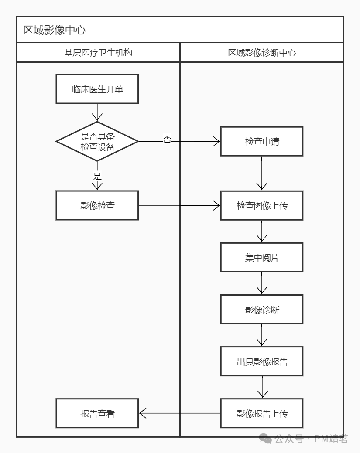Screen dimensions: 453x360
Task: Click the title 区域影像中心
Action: (x=54, y=30)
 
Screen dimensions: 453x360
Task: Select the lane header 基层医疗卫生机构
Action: (x=98, y=53)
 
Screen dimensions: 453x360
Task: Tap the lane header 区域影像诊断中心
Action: (x=262, y=53)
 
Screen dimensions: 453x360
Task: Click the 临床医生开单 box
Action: (x=97, y=89)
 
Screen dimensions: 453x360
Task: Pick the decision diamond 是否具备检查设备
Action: (x=97, y=141)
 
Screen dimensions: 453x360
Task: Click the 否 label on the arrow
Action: (x=167, y=140)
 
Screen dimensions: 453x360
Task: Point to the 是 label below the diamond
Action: (x=97, y=176)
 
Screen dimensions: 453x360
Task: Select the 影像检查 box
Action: (x=97, y=205)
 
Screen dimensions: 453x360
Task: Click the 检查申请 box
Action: (x=262, y=141)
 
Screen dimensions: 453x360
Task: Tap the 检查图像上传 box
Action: (x=262, y=205)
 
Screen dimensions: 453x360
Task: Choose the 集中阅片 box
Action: (x=262, y=257)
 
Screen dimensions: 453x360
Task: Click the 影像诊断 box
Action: (x=262, y=310)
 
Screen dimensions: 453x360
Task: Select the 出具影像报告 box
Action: (x=262, y=361)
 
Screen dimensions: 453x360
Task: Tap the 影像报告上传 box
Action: (x=262, y=413)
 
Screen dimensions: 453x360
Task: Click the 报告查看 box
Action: (x=97, y=413)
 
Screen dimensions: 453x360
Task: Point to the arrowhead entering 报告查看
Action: (x=143, y=413)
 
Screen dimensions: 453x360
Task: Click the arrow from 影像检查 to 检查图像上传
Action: (x=179, y=205)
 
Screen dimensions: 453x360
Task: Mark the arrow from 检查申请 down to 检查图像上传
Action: (x=262, y=172)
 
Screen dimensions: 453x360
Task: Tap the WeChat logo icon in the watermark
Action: (x=265, y=439)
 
